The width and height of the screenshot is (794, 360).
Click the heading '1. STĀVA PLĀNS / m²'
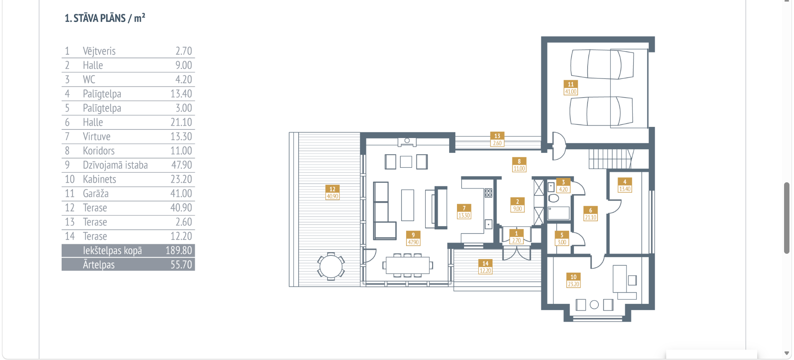[105, 18]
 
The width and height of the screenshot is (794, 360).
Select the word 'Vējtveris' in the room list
[99, 51]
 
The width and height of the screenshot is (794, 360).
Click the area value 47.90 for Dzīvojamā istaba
[182, 165]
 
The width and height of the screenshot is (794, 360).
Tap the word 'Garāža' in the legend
[96, 193]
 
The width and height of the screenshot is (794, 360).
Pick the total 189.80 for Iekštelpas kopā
[179, 250]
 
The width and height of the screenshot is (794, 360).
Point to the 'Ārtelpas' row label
[98, 265]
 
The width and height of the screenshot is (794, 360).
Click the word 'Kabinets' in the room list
[99, 179]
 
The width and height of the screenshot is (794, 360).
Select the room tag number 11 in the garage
[571, 84]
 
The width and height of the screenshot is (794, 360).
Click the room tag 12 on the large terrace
[332, 189]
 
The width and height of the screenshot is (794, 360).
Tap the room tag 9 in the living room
[413, 235]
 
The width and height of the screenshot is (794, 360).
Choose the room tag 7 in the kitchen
[464, 208]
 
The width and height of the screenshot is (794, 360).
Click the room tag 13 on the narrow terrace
[497, 136]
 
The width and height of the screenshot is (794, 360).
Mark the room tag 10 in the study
[573, 277]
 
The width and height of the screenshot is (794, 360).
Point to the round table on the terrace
[331, 266]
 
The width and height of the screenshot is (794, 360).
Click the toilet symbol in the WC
[553, 198]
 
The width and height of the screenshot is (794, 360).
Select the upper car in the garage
[602, 64]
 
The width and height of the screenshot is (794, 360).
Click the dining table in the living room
[407, 265]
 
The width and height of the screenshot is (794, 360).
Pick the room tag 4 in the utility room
[624, 181]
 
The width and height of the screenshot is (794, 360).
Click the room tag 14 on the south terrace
[485, 263]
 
